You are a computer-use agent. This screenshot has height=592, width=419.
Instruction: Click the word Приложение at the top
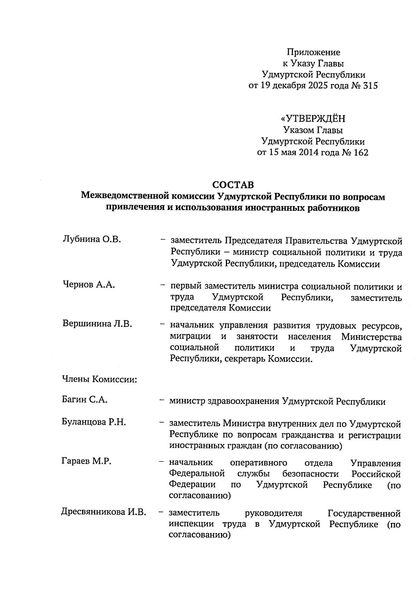(313, 53)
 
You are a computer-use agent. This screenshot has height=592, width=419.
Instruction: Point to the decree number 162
(360, 152)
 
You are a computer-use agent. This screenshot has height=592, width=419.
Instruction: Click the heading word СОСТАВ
(233, 185)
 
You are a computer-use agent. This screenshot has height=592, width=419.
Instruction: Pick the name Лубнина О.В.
(91, 240)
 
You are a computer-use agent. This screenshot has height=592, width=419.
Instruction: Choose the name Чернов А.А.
(89, 285)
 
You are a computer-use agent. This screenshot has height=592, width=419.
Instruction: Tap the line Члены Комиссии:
(99, 379)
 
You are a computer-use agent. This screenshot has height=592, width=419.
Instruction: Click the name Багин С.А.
(84, 400)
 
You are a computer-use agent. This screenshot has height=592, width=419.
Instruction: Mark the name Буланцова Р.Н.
(94, 422)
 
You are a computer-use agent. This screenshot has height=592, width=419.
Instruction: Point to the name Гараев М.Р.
(86, 462)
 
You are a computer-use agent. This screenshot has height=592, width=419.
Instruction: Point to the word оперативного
(258, 463)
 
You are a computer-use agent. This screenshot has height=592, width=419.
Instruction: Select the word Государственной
(364, 513)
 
